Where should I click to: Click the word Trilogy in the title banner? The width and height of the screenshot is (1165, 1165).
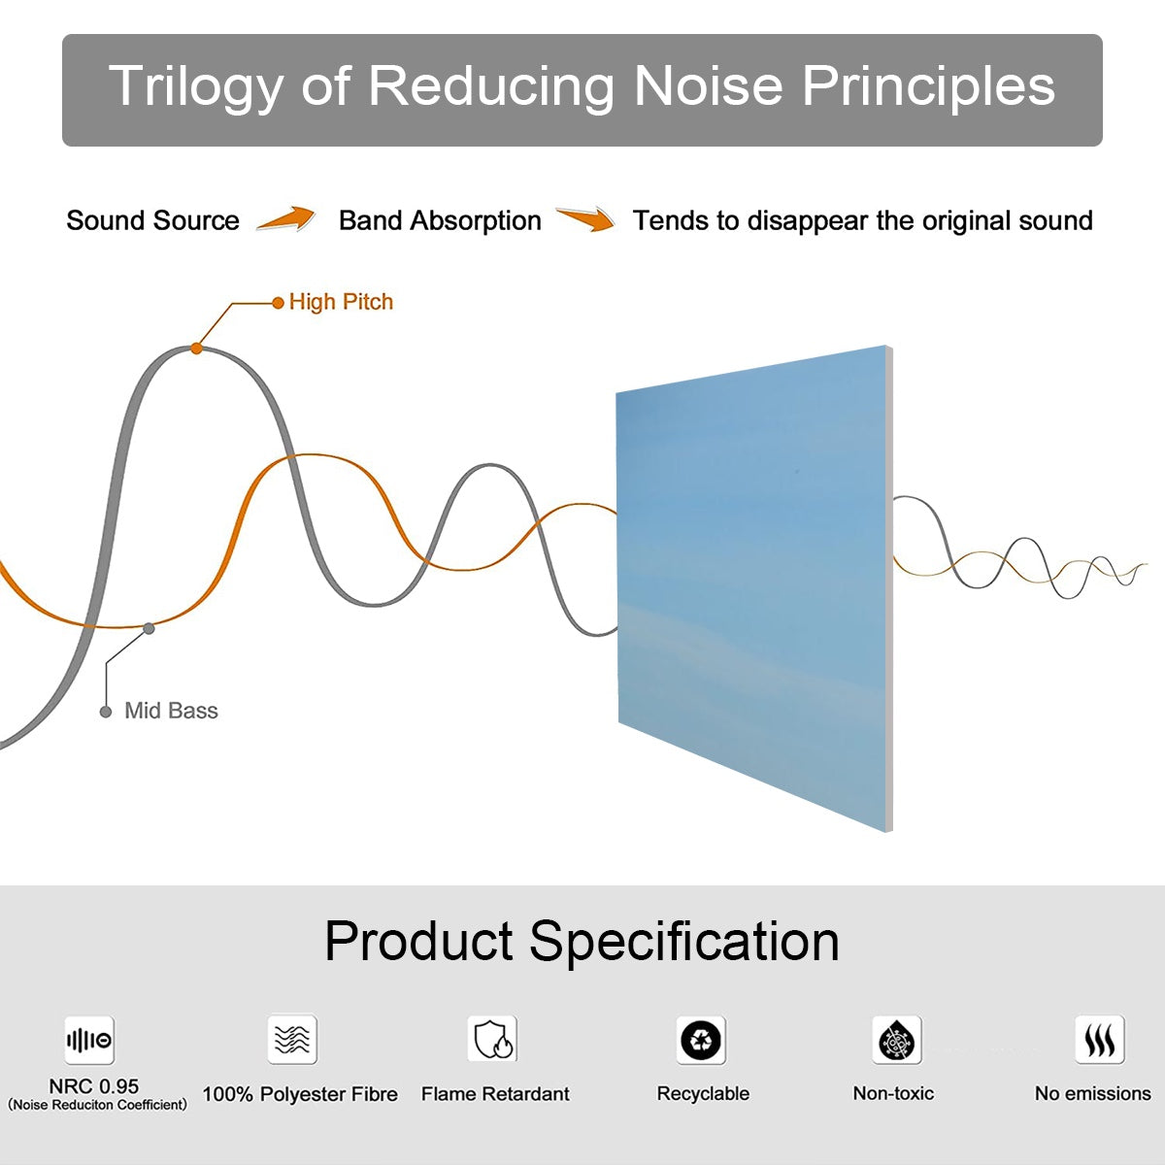tap(195, 87)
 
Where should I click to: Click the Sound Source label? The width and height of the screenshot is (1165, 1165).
tap(152, 221)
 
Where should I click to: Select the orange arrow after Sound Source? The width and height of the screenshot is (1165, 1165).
tap(286, 219)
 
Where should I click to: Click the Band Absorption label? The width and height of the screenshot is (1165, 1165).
tap(440, 221)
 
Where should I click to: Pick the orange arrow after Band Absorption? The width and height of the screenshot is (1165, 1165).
tap(585, 219)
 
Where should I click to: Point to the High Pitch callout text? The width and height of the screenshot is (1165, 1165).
tap(341, 302)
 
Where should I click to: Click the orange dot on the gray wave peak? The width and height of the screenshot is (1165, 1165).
tap(196, 348)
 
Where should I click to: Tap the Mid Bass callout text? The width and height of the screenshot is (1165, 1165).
tap(171, 711)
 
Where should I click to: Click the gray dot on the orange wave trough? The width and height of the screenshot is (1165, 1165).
tap(149, 629)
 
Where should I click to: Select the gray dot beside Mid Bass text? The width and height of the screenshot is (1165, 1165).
tap(106, 712)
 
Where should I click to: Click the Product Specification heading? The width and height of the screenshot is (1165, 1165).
tap(582, 942)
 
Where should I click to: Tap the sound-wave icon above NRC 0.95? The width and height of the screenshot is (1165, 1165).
tap(89, 1041)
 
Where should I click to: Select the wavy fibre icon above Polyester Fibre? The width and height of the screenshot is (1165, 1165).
tap(292, 1040)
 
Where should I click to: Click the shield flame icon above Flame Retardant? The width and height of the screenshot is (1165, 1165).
tap(492, 1040)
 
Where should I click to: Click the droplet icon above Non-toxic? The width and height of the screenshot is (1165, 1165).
tap(896, 1041)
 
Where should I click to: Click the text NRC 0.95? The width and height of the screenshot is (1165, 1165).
tap(94, 1086)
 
